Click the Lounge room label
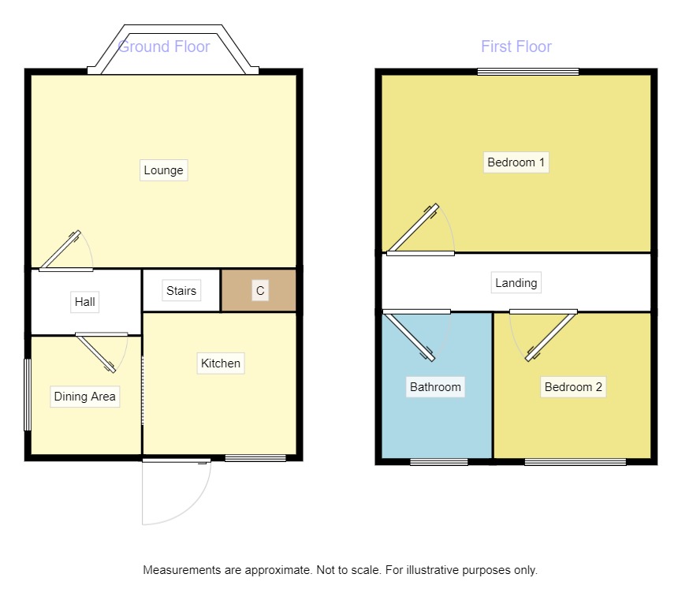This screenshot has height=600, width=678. click(x=163, y=170)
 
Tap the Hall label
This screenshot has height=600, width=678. click(x=84, y=301)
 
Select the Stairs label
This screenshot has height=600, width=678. click(x=181, y=291)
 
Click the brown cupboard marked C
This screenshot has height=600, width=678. click(x=259, y=291)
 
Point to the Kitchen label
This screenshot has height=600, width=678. click(x=221, y=363)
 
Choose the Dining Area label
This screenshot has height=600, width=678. click(x=84, y=397)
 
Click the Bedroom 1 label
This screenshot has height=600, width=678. click(x=516, y=163)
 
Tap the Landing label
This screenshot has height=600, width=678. click(x=516, y=282)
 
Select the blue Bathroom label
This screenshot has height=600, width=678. click(x=435, y=387)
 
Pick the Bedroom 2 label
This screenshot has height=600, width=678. click(x=573, y=387)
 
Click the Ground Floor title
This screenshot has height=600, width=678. click(x=164, y=47)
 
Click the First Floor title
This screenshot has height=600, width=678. click(x=516, y=47)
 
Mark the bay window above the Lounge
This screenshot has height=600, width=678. click(x=173, y=51)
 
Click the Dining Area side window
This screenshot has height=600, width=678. click(x=27, y=395)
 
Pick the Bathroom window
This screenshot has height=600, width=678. click(x=438, y=462)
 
